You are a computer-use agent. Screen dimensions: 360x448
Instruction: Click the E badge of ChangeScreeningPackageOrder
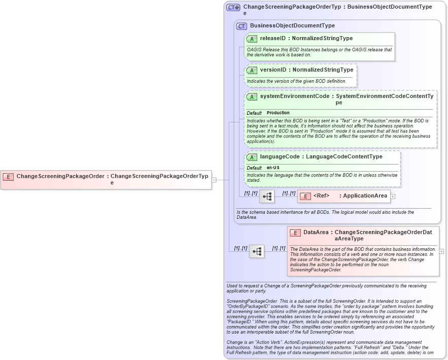click(8, 177)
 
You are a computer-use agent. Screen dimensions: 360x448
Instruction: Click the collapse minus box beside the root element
click(214, 179)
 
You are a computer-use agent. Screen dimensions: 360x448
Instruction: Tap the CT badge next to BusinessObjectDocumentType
click(242, 26)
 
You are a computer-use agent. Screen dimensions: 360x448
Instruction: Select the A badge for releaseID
click(252, 39)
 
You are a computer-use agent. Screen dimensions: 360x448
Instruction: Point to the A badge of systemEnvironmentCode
click(252, 96)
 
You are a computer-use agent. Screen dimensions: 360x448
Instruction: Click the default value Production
click(278, 113)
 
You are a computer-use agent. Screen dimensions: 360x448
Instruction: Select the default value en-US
click(273, 168)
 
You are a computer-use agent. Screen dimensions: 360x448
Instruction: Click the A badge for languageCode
click(252, 157)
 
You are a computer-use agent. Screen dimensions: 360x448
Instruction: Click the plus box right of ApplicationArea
click(393, 196)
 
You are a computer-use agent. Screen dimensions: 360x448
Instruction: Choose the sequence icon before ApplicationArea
click(267, 196)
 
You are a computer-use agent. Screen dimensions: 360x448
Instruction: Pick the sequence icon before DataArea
click(257, 251)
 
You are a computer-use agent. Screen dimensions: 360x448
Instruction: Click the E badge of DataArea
click(295, 233)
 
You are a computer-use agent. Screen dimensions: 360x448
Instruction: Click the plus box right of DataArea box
click(442, 251)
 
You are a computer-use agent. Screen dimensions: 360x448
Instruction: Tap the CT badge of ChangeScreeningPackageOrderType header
click(233, 8)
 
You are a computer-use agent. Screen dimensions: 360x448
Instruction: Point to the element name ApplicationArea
click(365, 196)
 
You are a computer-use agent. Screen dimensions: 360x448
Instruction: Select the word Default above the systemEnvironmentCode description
click(254, 113)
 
